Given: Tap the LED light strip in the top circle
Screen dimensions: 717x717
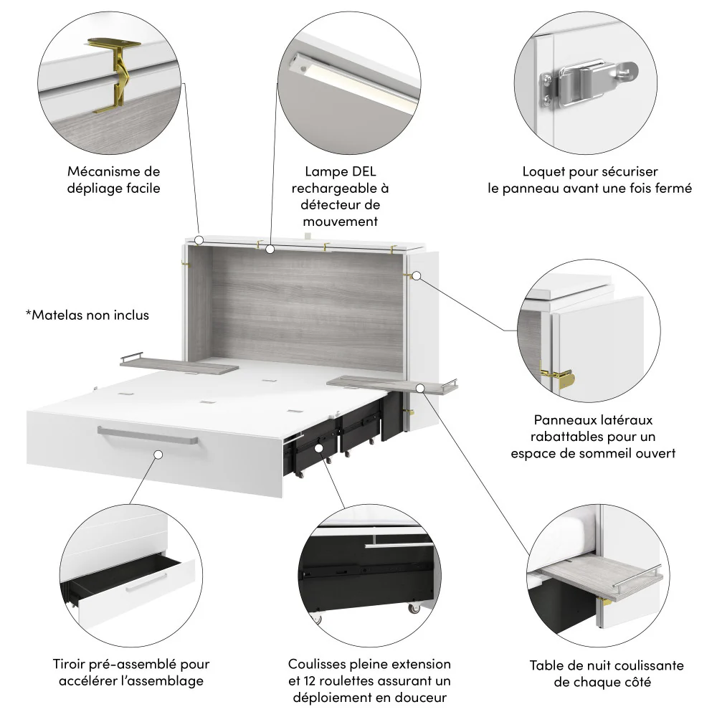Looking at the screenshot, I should pos(351,82).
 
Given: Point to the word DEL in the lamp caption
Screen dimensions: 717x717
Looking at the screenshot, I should pos(363,172).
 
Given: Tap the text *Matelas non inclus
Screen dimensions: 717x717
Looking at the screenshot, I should pos(87,315).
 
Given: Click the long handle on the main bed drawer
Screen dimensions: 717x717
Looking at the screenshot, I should pos(148,435).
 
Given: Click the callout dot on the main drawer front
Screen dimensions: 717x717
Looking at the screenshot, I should pos(157,454).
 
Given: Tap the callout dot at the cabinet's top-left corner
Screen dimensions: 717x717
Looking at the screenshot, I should pos(199,240).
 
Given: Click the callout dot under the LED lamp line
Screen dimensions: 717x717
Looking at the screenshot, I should pos(270,250).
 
